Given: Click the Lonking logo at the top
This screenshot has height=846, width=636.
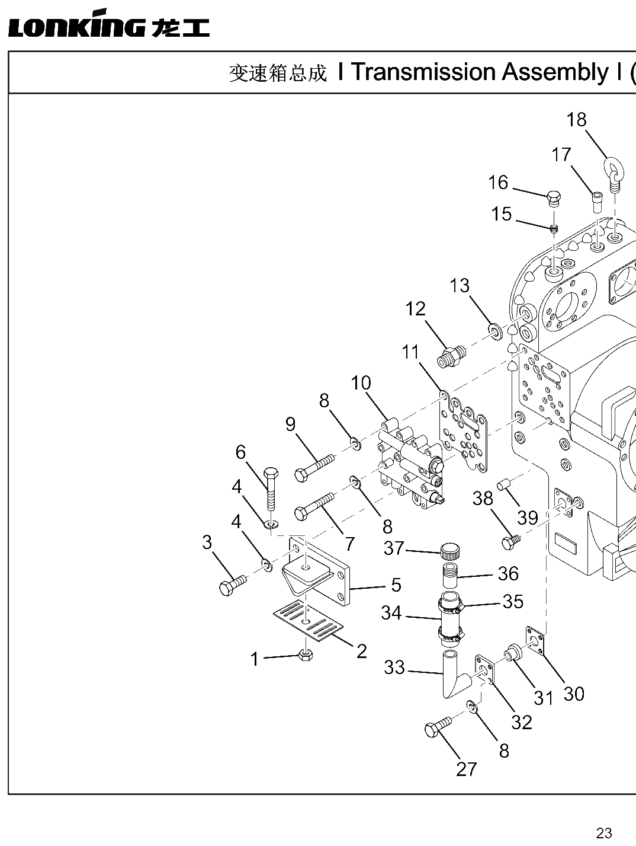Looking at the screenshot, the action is pos(109,23).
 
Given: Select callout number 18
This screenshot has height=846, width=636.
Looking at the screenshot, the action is pos(576,120).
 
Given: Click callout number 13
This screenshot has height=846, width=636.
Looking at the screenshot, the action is pos(460,286).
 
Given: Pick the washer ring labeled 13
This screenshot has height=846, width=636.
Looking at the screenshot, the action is pos(496,332).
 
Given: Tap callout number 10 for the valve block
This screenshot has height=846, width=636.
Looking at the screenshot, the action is pos(361,383).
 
